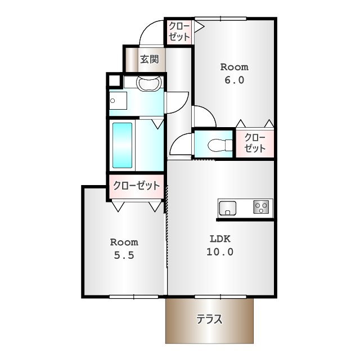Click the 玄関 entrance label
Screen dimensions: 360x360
coord(150,59)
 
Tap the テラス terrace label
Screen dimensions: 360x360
coord(209,319)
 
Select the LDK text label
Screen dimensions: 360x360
coord(220,239)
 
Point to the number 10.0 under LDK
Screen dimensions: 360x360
coord(220,252)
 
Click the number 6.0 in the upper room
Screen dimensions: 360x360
coord(234,80)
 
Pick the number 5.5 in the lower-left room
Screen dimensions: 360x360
coord(124,255)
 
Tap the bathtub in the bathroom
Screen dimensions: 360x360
coord(122,145)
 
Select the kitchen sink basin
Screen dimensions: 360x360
coord(227,208)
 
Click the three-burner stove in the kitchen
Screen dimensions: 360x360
coord(261,207)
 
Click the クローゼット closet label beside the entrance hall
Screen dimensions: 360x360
coord(179,31)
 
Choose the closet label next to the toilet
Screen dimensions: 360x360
coord(255,143)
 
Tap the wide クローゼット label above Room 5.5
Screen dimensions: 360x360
coord(136,186)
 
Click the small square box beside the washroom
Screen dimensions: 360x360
coord(114,80)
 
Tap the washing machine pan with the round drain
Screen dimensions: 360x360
coord(118,101)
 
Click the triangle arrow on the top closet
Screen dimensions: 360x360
coord(199,26)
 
